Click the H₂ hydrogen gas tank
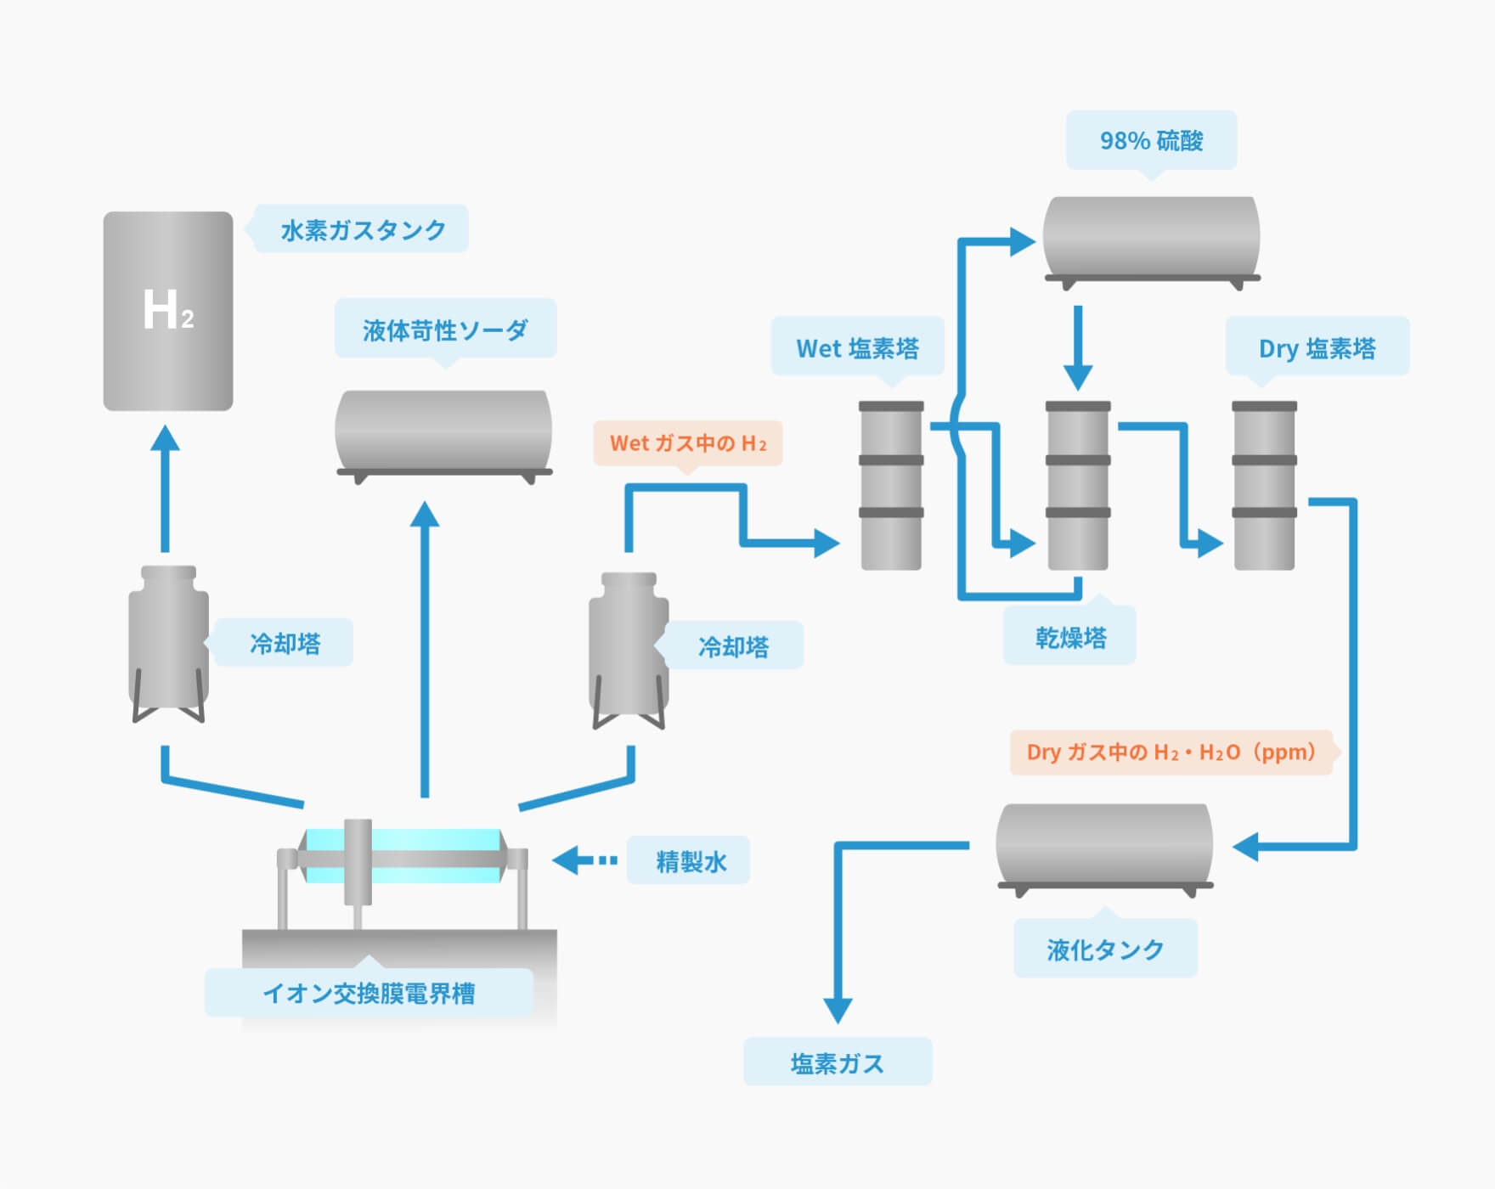168,311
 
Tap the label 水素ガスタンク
363,229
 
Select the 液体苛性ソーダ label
445,330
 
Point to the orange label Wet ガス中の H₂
687,443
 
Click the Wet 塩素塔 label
857,347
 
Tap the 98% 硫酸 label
1151,140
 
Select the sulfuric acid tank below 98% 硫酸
1151,238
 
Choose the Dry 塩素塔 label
1317,347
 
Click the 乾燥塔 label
1070,637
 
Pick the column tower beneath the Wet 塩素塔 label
891,485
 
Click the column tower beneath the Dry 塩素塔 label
1264,485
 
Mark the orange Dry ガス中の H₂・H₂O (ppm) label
1171,752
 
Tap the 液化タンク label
1105,949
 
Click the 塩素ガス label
838,1062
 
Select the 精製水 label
690,861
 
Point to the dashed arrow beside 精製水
586,860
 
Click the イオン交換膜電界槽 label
369,993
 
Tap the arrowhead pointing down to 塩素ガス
838,1009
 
